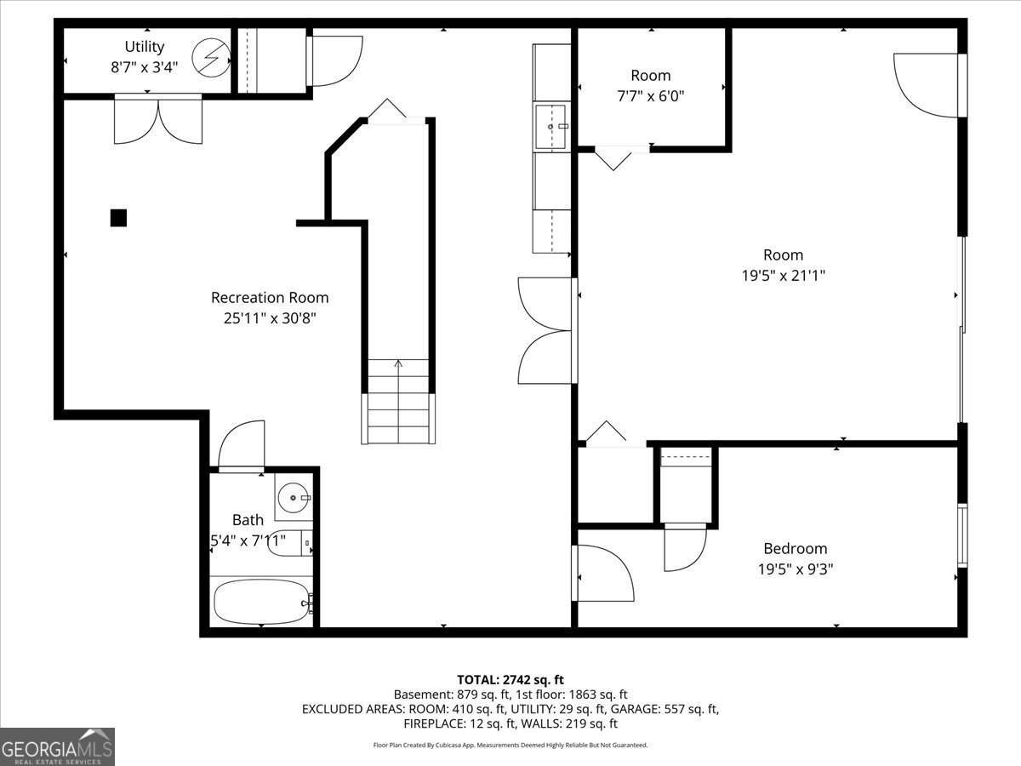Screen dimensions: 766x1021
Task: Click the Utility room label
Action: pyautogui.click(x=144, y=47)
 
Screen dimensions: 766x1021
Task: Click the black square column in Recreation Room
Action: pyautogui.click(x=118, y=218)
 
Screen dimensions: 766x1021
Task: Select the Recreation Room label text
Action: pyautogui.click(x=269, y=298)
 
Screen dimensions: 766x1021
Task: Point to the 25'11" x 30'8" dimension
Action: pyautogui.click(x=269, y=318)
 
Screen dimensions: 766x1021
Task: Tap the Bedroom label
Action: pyautogui.click(x=795, y=549)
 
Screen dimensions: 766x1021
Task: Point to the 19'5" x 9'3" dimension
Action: pyautogui.click(x=795, y=569)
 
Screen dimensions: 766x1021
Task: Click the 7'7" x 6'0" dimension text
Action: pyautogui.click(x=650, y=96)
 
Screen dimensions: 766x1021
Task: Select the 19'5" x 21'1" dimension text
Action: pyautogui.click(x=783, y=275)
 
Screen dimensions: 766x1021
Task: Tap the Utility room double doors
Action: pyautogui.click(x=157, y=119)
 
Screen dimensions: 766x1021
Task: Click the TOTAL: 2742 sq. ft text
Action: pyautogui.click(x=510, y=679)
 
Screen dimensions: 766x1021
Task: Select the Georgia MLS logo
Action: pyautogui.click(x=58, y=746)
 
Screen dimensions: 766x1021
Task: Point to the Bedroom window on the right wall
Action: pyautogui.click(x=962, y=536)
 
